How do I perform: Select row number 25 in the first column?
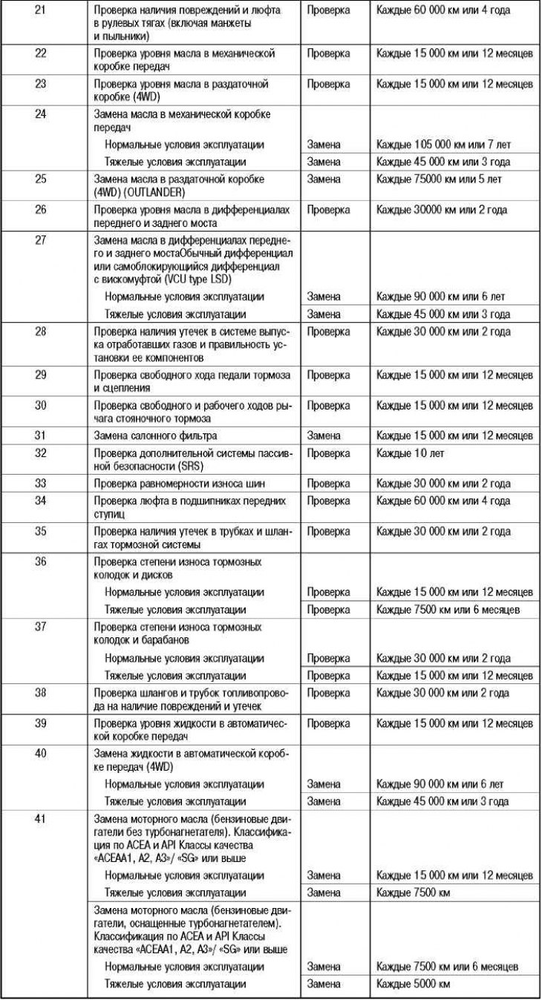tap(41, 180)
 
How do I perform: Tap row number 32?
tap(41, 453)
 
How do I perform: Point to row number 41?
tap(41, 819)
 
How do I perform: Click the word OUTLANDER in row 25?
tap(152, 191)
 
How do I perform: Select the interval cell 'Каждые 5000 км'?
tap(414, 984)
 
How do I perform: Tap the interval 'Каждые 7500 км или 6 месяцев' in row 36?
tap(448, 610)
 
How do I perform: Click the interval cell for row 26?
tap(442, 210)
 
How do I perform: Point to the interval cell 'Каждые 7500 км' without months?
tap(414, 892)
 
